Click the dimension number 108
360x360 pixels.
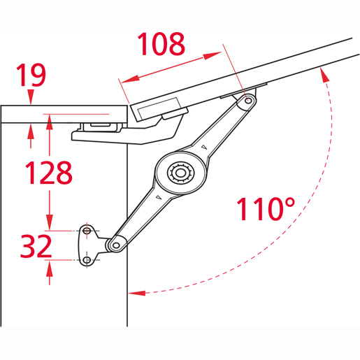161,44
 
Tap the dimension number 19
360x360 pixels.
31,75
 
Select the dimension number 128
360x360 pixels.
49,173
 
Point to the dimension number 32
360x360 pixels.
36,246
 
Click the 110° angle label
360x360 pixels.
266,209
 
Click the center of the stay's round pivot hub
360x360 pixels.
180,173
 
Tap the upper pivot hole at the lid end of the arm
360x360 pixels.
249,101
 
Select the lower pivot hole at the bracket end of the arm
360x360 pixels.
116,245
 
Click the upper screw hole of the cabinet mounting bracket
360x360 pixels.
87,231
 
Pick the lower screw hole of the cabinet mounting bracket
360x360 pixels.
87,260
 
